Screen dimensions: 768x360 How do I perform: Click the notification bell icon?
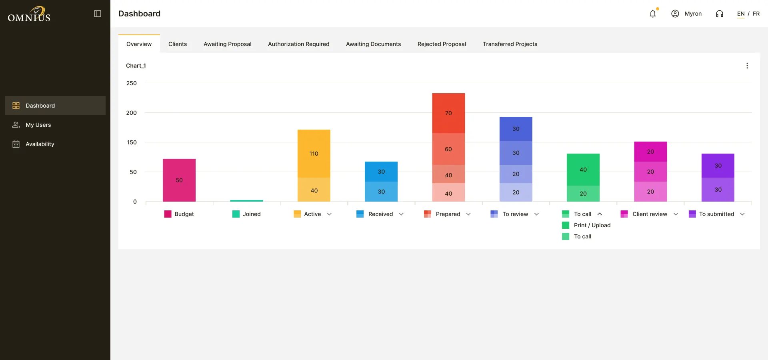[x=653, y=14]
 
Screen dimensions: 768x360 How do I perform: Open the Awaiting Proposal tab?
[x=227, y=44]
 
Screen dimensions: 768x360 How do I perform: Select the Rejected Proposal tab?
[x=442, y=44]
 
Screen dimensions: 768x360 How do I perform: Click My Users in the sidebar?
[x=38, y=125]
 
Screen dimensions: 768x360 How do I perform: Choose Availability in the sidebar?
[x=40, y=144]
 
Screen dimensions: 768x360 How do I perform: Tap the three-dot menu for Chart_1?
[x=747, y=66]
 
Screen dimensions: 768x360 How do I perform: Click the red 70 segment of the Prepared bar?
[x=448, y=113]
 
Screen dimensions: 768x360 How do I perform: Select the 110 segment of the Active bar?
[x=314, y=154]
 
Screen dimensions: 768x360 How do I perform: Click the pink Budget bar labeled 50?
[x=179, y=180]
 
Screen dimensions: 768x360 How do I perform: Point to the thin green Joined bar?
[x=246, y=200]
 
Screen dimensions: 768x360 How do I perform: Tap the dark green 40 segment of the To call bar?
[x=583, y=170]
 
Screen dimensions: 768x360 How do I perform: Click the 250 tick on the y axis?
[x=131, y=83]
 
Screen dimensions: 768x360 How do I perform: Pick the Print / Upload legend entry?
[x=592, y=225]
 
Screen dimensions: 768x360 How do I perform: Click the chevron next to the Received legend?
[x=401, y=214]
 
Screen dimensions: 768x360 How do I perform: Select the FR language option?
[x=756, y=14]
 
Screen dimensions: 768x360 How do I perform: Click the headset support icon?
[x=720, y=14]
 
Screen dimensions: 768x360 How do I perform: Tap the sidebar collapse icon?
[x=98, y=14]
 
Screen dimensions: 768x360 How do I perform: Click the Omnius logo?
[x=29, y=14]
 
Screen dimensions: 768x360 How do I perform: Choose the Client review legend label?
[x=650, y=214]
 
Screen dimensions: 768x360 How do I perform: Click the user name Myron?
[x=693, y=14]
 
